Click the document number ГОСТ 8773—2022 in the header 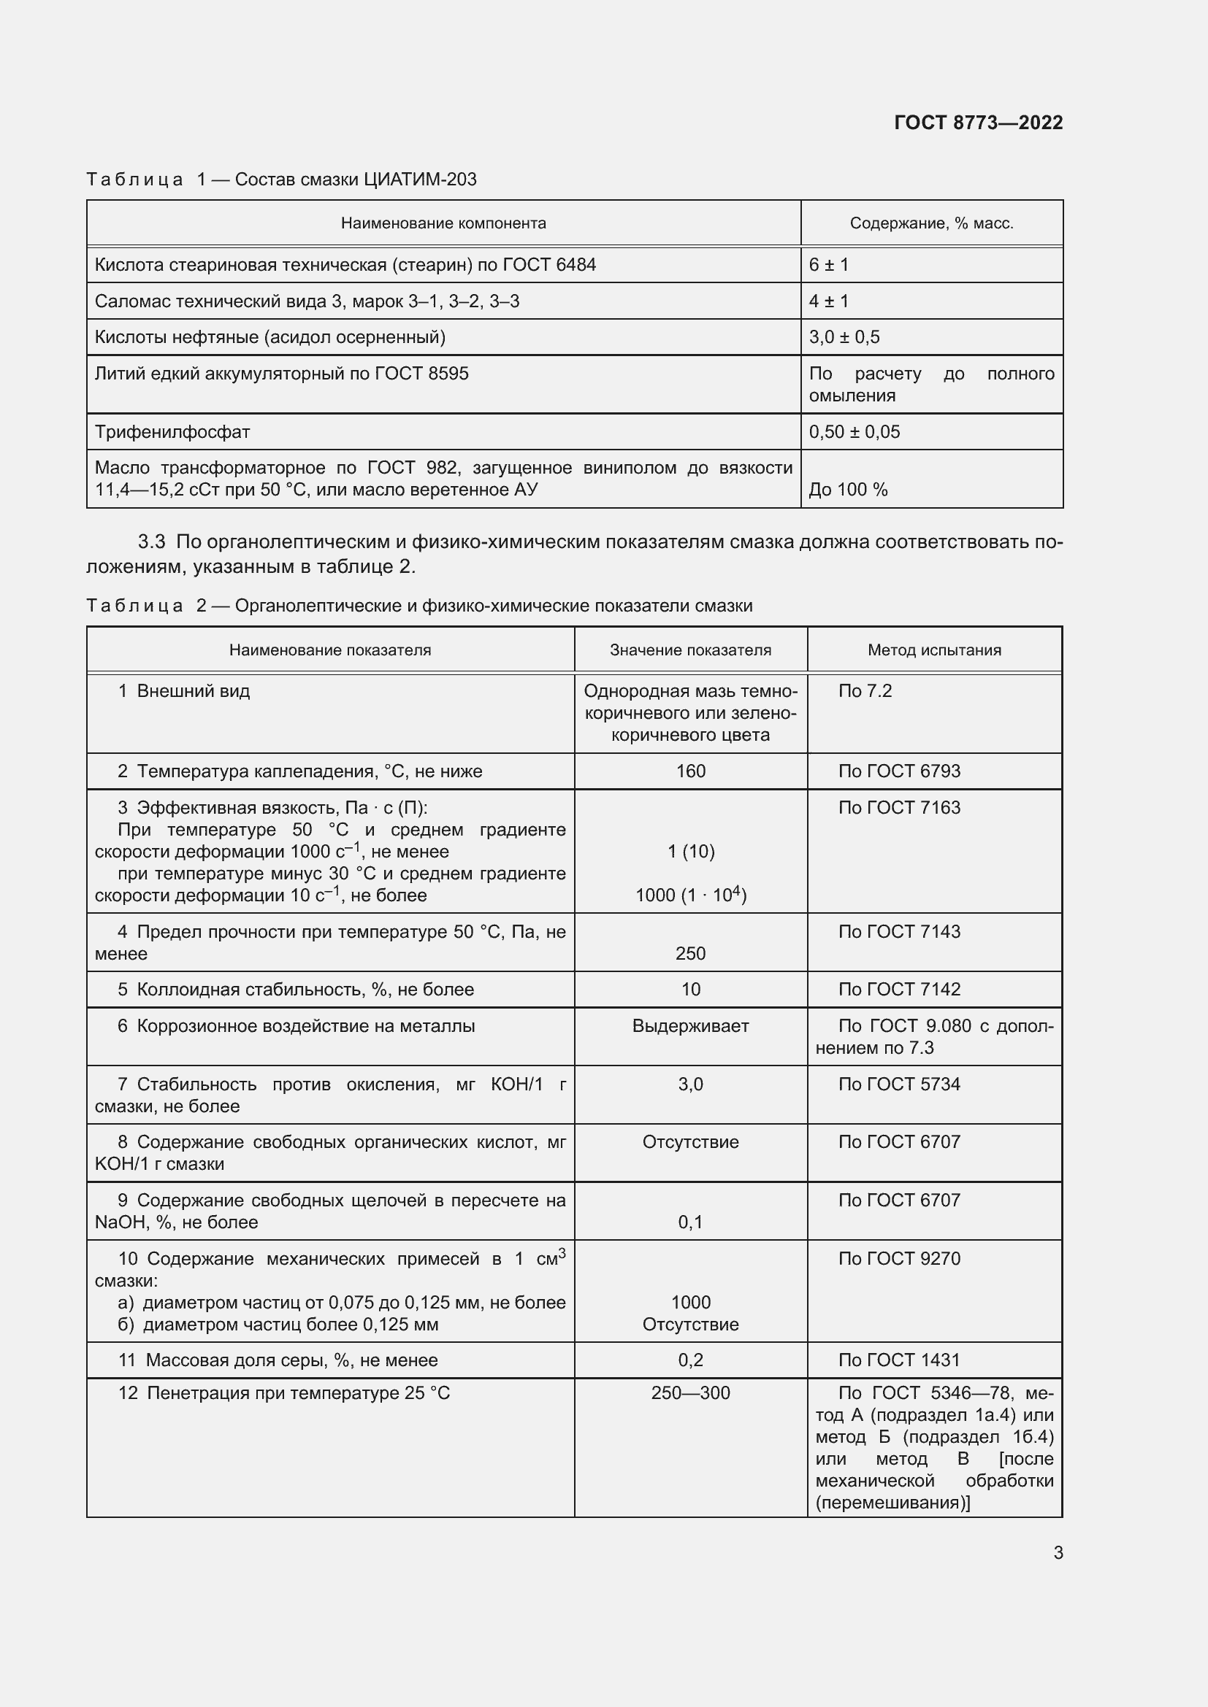[977, 123]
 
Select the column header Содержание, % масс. [931, 223]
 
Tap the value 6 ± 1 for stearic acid [829, 265]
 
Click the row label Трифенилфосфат [172, 431]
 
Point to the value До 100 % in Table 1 [848, 489]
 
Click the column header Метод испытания [934, 650]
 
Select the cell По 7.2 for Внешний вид [864, 690]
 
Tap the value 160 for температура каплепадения [690, 771]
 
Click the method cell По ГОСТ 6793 [899, 771]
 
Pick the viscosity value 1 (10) [690, 851]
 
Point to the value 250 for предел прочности [690, 953]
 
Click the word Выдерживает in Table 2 [690, 1026]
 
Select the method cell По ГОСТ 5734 [899, 1084]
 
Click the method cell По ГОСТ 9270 [899, 1259]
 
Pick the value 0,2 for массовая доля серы [690, 1360]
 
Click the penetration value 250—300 [690, 1392]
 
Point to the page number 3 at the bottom [1058, 1552]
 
